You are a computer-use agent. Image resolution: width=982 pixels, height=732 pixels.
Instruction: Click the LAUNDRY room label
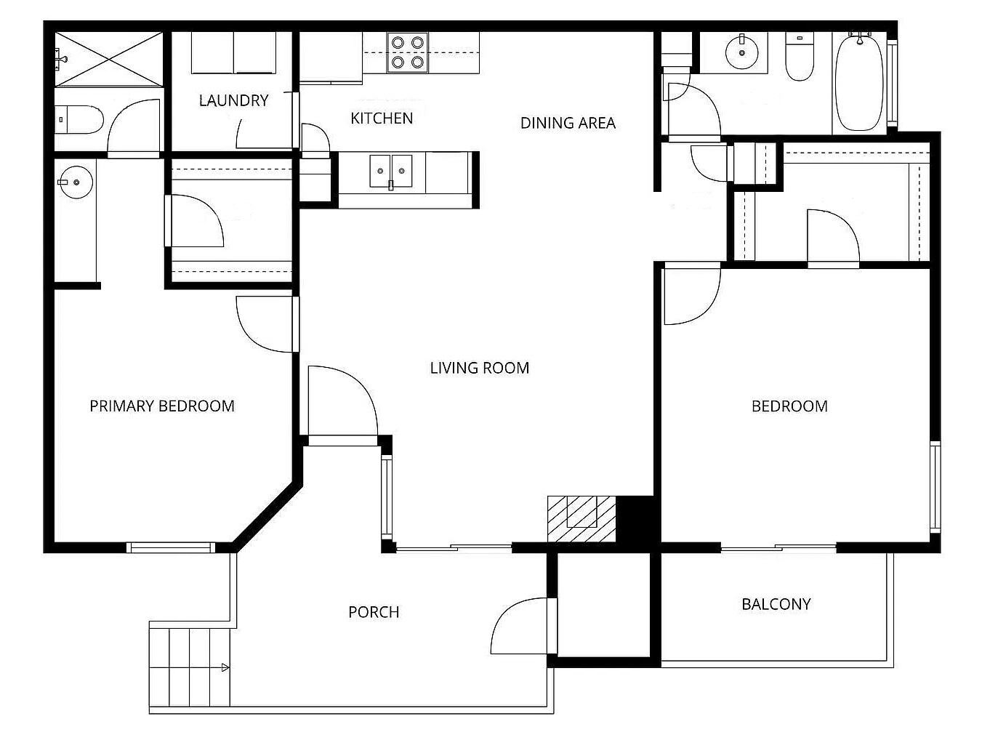tap(233, 100)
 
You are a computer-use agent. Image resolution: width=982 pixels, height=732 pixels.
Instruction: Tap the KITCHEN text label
tap(382, 118)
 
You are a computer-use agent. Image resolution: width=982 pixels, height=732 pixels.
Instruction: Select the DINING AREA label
tap(568, 123)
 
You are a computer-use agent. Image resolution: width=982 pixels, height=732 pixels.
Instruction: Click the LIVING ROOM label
tap(479, 368)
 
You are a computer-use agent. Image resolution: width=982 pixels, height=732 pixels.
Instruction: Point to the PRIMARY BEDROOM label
tap(162, 406)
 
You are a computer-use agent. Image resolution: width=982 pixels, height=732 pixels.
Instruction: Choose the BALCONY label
tap(776, 604)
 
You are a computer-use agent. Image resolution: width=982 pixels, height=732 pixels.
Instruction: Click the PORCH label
tap(374, 612)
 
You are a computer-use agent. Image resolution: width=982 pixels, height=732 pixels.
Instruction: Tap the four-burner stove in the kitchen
tap(407, 52)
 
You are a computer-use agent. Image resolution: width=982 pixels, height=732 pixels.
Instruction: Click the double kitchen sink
tap(391, 172)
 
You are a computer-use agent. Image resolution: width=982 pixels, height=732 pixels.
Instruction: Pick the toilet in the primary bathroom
tap(80, 120)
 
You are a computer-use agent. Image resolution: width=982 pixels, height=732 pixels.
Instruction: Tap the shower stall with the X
tap(109, 58)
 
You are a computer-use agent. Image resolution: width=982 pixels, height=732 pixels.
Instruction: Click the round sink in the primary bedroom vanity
tap(76, 181)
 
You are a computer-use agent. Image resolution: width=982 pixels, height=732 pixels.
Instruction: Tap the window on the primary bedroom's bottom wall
tap(172, 547)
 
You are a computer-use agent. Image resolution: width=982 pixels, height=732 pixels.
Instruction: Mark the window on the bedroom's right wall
tap(935, 487)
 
